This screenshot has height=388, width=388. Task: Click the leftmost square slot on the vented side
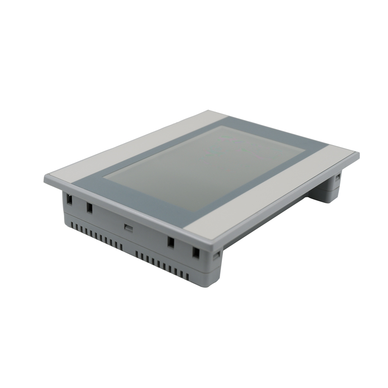click(x=69, y=198)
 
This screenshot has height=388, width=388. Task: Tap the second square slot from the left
click(x=89, y=208)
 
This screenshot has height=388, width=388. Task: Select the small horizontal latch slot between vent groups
click(x=128, y=227)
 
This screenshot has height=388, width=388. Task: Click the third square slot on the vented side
click(x=171, y=242)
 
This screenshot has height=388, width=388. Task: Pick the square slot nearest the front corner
click(x=195, y=252)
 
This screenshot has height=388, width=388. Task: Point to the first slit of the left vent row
click(x=72, y=225)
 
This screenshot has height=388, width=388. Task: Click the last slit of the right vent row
click(x=187, y=275)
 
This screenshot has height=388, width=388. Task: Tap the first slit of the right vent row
click(x=137, y=254)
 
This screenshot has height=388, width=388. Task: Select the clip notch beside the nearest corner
click(x=217, y=254)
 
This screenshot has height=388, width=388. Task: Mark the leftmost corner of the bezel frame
click(x=45, y=178)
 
